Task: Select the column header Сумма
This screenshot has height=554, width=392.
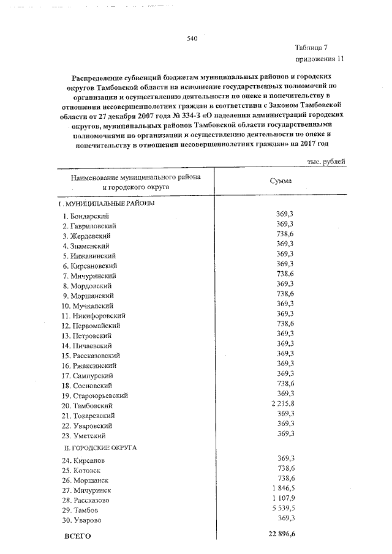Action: click(281, 181)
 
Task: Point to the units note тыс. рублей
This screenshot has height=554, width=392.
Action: click(326, 162)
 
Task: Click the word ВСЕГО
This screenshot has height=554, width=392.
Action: click(78, 536)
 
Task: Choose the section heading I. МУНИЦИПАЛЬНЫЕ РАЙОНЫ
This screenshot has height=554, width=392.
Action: click(106, 203)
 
